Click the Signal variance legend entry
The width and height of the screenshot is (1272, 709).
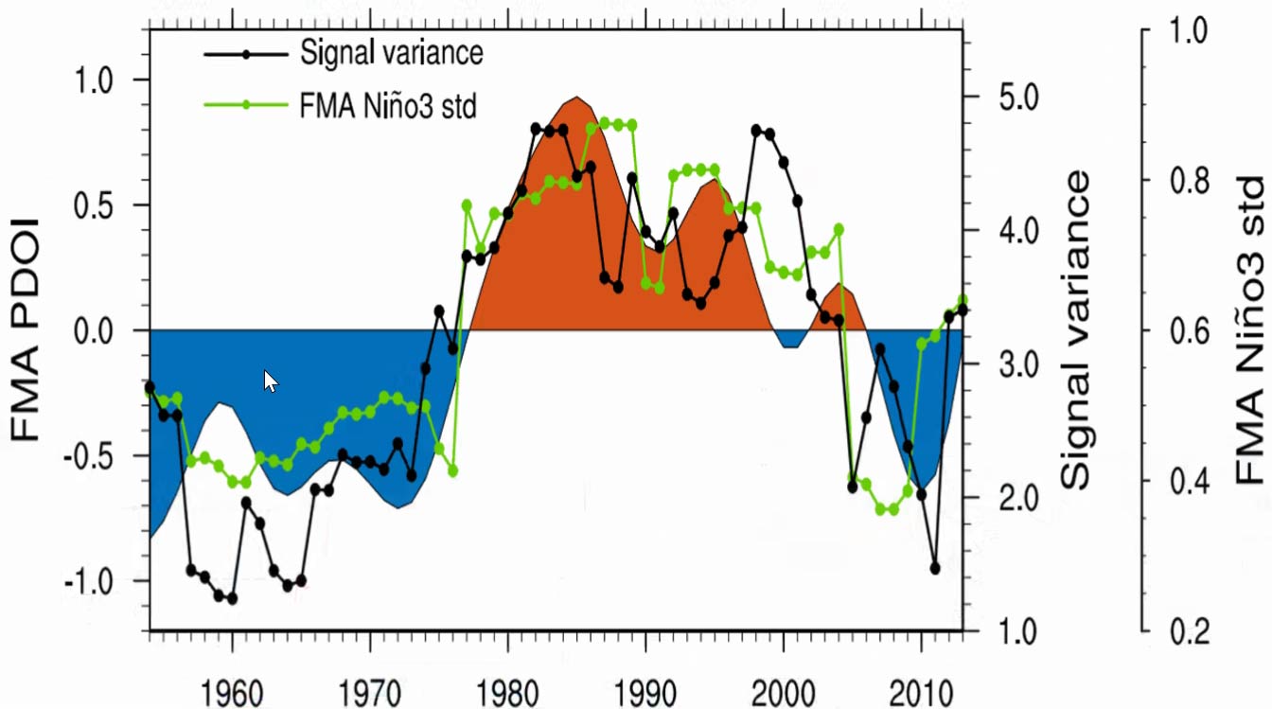coord(391,53)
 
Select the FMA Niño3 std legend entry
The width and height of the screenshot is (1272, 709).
coord(388,106)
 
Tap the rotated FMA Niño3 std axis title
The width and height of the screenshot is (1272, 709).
coord(1250,330)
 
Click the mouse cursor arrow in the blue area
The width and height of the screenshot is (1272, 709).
coord(270,381)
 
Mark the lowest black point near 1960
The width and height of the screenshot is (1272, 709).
coord(232,598)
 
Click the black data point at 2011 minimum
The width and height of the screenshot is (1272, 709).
coord(935,568)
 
